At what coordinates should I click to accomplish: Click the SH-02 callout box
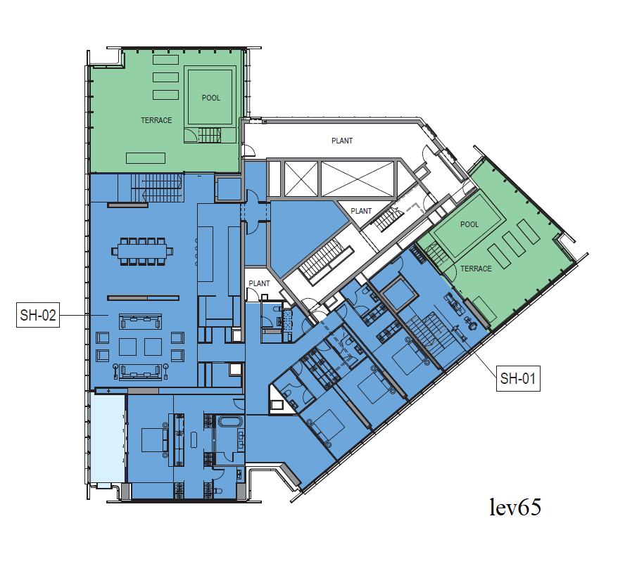pyautogui.click(x=38, y=314)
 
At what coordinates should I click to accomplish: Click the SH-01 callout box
pyautogui.click(x=518, y=378)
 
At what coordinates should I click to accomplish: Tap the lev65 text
pyautogui.click(x=515, y=507)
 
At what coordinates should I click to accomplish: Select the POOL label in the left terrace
pyautogui.click(x=210, y=98)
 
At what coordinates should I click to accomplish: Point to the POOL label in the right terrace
pyautogui.click(x=469, y=224)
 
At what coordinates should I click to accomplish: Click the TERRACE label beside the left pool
pyautogui.click(x=156, y=120)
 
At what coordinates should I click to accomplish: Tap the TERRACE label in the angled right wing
pyautogui.click(x=476, y=269)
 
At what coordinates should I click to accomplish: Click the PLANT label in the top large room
pyautogui.click(x=342, y=141)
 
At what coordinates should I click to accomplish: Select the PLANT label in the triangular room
pyautogui.click(x=361, y=211)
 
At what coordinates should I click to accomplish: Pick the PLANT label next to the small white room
pyautogui.click(x=259, y=283)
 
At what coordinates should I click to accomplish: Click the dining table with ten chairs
pyautogui.click(x=142, y=252)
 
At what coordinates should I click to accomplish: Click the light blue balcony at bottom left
pyautogui.click(x=108, y=439)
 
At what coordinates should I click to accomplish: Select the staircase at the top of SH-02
pyautogui.click(x=156, y=188)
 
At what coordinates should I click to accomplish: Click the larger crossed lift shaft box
pyautogui.click(x=358, y=179)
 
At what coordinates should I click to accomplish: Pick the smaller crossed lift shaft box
pyautogui.click(x=301, y=179)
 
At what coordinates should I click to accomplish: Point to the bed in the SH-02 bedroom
pyautogui.click(x=154, y=440)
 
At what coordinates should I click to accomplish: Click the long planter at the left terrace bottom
pyautogui.click(x=146, y=158)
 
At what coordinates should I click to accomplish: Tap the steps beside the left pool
pyautogui.click(x=210, y=135)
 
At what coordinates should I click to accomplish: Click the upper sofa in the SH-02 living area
pyautogui.click(x=140, y=321)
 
